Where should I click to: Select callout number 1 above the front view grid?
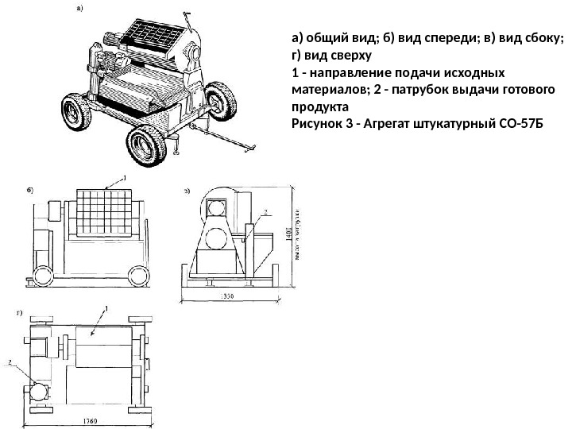click(x=124, y=178)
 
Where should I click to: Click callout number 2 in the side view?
click(x=266, y=212)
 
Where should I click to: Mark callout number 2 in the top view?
click(x=11, y=362)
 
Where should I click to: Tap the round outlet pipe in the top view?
click(x=36, y=392)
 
